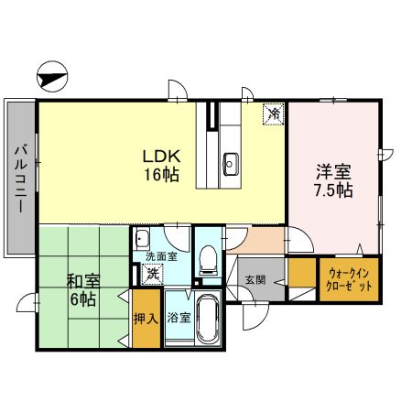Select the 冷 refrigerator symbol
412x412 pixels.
tap(273, 114)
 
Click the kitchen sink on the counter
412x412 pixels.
tap(230, 164)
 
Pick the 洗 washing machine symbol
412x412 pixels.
tap(153, 273)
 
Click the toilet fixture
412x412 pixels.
tap(207, 260)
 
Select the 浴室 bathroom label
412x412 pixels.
tap(177, 319)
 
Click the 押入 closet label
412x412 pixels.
tap(145, 319)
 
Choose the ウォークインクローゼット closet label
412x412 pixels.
tap(349, 278)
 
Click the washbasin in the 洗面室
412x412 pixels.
tap(142, 240)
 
